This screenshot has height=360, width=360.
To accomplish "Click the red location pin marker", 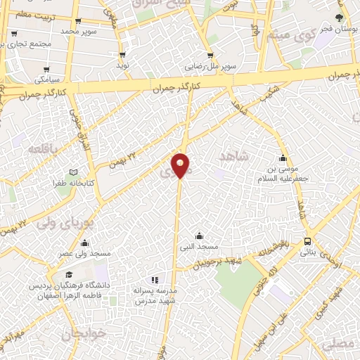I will pyautogui.click(x=181, y=164).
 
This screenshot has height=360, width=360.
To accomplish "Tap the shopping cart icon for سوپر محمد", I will pyautogui.click(x=77, y=22).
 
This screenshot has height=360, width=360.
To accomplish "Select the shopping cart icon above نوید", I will pyautogui.click(x=122, y=54).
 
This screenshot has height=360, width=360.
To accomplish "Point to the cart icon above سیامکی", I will pyautogui.click(x=46, y=70).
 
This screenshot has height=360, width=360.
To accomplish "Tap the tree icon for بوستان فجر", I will pyautogui.click(x=340, y=18).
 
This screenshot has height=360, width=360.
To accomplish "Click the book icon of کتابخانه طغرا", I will pyautogui.click(x=72, y=172).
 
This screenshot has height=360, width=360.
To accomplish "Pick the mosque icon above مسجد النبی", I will pyautogui.click(x=199, y=236).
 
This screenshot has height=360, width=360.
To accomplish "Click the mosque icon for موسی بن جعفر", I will pyautogui.click(x=283, y=157).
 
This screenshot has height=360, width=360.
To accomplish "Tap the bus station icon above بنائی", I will pyautogui.click(x=308, y=241).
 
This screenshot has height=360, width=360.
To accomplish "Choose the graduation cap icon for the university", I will pyautogui.click(x=68, y=274).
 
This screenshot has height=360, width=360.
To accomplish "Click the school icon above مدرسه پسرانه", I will pyautogui.click(x=155, y=279).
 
